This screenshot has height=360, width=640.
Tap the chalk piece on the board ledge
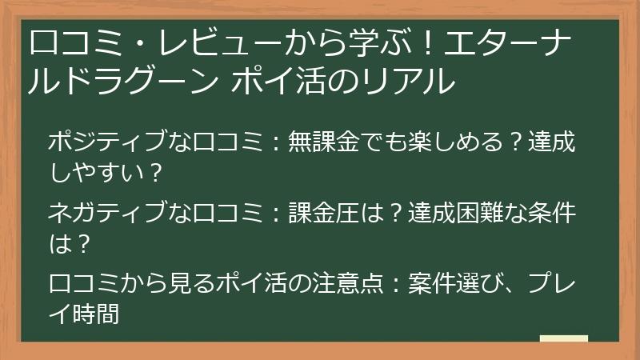point(565,339)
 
